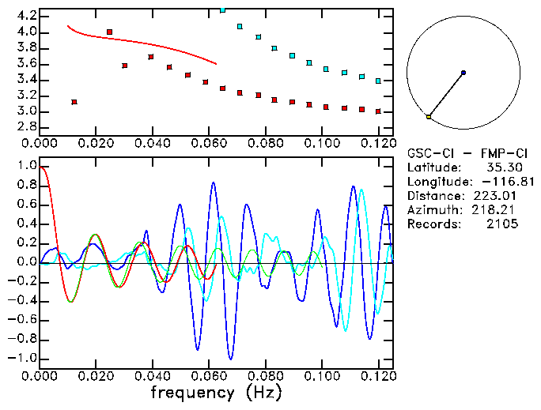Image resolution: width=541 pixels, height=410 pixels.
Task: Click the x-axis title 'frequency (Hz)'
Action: tap(216, 391)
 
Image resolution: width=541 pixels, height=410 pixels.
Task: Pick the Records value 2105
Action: tap(502, 224)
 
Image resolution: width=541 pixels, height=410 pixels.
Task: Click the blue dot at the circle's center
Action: tap(463, 73)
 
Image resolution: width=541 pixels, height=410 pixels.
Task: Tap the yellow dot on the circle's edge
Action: tap(429, 117)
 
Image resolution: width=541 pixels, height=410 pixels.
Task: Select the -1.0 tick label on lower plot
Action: tap(22, 358)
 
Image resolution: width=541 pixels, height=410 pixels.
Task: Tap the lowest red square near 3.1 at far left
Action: tap(74, 102)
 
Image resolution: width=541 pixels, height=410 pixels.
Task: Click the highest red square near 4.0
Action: tap(109, 32)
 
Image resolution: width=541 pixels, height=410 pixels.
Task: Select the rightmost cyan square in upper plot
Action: tap(379, 81)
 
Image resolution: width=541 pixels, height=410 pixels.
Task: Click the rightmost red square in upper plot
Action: tap(379, 111)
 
